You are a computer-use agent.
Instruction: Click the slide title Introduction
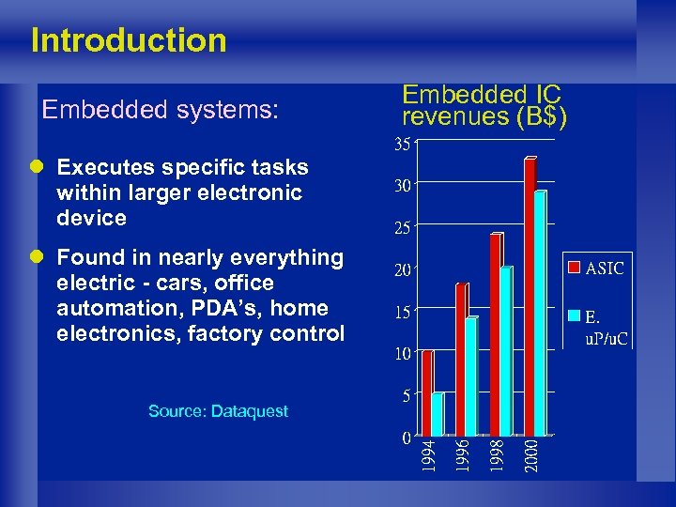pyautogui.click(x=129, y=40)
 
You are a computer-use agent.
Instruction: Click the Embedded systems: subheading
pyautogui.click(x=161, y=110)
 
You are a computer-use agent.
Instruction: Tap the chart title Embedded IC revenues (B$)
pyautogui.click(x=483, y=105)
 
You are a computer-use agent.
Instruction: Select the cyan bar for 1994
pyautogui.click(x=438, y=414)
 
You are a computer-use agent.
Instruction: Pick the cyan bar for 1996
pyautogui.click(x=471, y=376)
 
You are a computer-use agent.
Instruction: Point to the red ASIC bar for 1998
pyautogui.click(x=496, y=333)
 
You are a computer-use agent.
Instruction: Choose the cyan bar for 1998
pyautogui.click(x=506, y=351)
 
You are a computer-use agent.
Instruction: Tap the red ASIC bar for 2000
pyautogui.click(x=530, y=296)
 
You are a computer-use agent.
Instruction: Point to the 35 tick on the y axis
pyautogui.click(x=401, y=146)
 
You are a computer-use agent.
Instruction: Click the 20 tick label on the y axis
pyautogui.click(x=401, y=270)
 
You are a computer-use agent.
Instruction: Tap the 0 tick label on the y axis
pyautogui.click(x=405, y=438)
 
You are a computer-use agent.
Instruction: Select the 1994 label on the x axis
pyautogui.click(x=428, y=455)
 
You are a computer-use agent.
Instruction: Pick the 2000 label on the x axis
pyautogui.click(x=531, y=455)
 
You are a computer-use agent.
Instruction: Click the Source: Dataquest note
pyautogui.click(x=218, y=411)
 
